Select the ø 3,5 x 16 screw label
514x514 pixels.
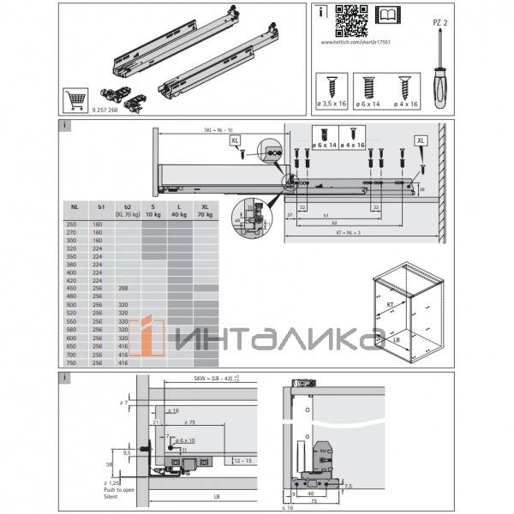pos(332,103)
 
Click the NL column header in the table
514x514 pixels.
pos(75,206)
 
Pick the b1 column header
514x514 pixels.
pos(101,206)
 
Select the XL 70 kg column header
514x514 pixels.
pos(205,210)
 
